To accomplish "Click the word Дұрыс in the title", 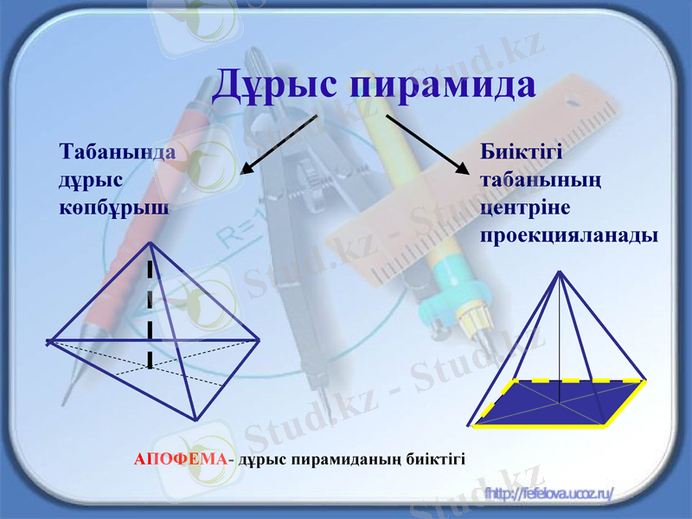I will coord(275,85).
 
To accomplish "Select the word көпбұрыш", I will coord(113,208).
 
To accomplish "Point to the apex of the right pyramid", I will coord(561,272).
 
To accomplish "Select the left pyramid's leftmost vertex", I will coord(48,342).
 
